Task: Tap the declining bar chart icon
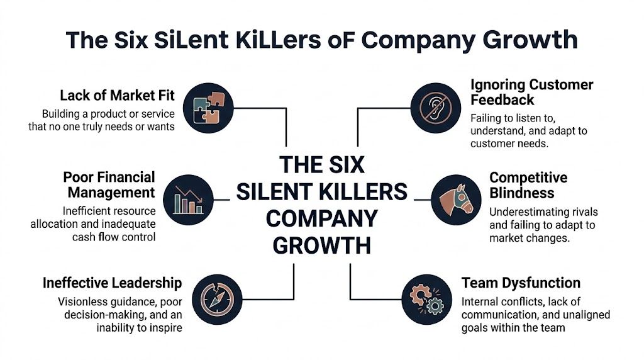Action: pos(187,200)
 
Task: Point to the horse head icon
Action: pos(456,200)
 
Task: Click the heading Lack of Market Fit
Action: pos(117,96)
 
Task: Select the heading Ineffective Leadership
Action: pos(112,283)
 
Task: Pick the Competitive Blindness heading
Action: pos(528,185)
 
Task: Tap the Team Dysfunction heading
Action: pos(521,283)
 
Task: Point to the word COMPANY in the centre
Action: pos(321,218)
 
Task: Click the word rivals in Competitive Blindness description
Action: pos(580,211)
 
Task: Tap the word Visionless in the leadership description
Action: pos(83,301)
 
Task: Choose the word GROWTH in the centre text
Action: pos(321,244)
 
